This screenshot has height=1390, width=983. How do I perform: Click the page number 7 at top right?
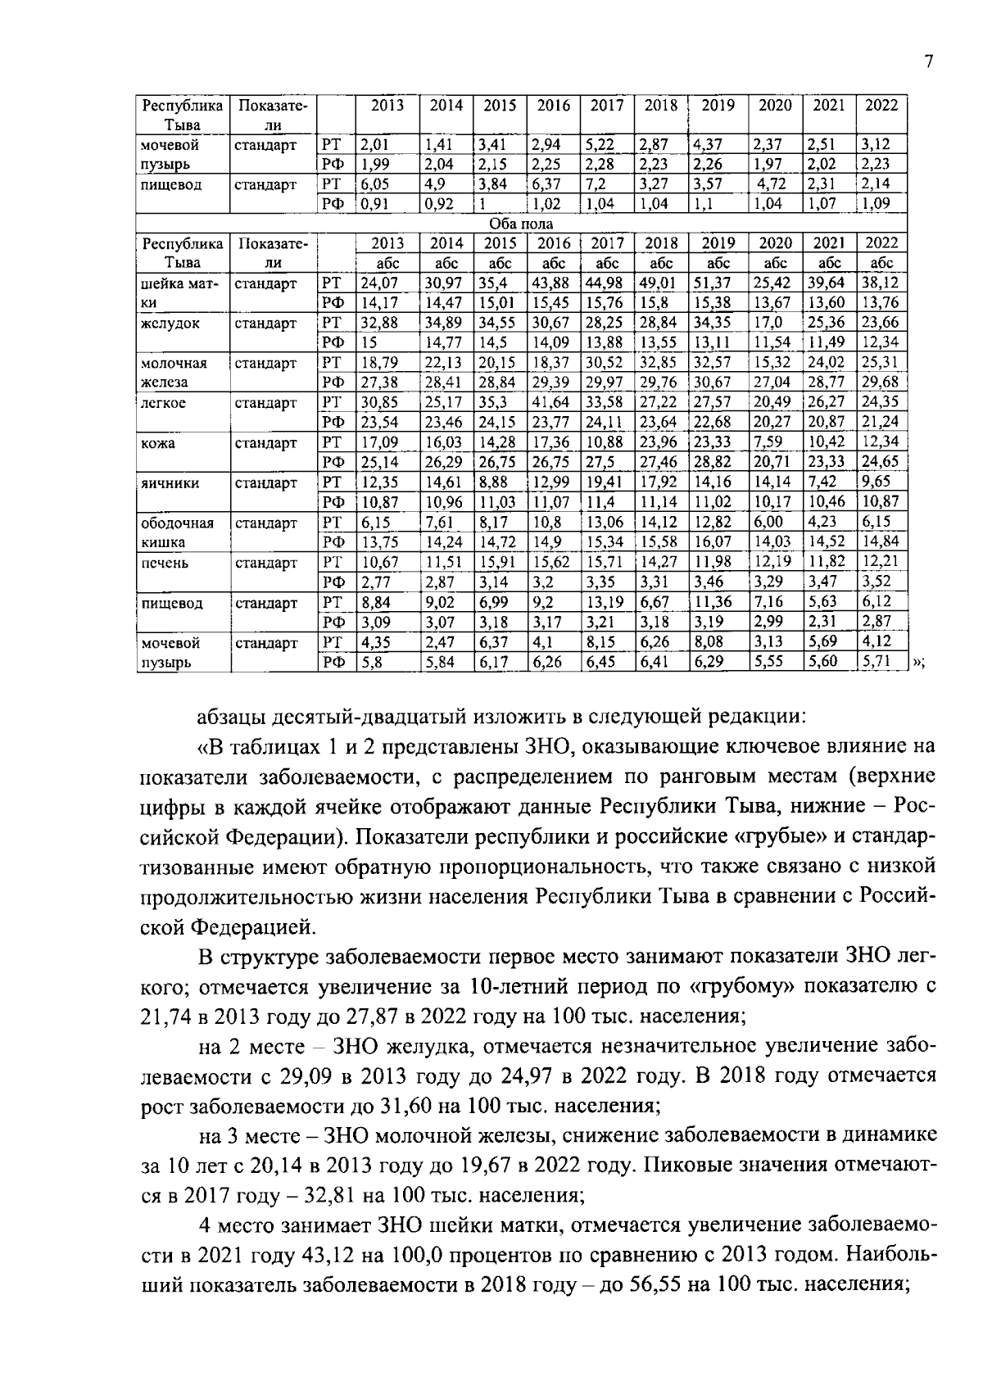[928, 62]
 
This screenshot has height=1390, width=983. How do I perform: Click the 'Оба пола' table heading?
[521, 224]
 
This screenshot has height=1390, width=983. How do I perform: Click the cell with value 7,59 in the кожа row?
[768, 443]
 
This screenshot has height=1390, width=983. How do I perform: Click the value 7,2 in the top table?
[596, 184]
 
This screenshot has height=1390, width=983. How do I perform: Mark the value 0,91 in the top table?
[375, 204]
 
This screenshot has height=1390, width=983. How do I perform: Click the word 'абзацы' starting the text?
[235, 718]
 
